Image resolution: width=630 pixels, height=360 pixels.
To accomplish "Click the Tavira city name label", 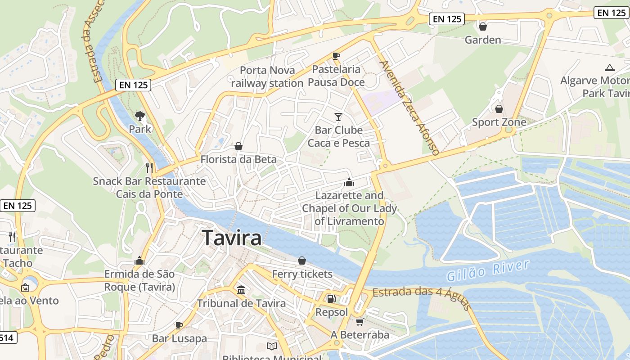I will click(232, 238).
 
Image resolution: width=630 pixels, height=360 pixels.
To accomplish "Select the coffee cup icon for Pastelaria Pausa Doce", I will click(336, 56).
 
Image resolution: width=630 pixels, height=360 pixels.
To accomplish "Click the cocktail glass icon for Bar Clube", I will click(338, 117).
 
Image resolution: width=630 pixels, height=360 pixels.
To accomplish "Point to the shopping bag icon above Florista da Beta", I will click(238, 146).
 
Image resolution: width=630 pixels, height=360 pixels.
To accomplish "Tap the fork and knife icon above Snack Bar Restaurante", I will click(149, 167).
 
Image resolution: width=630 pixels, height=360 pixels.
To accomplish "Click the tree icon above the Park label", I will click(140, 116).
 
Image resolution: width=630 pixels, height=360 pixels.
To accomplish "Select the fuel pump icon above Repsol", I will click(331, 298).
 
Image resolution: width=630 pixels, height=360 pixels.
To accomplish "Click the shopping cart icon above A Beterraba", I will click(360, 322).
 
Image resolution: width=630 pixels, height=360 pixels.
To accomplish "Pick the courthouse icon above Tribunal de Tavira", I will click(241, 290).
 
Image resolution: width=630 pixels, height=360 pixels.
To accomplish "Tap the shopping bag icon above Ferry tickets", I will click(302, 261).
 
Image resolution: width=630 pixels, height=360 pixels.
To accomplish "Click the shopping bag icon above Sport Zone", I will click(499, 109).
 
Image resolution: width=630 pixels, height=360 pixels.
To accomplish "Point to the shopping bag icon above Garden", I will click(483, 27).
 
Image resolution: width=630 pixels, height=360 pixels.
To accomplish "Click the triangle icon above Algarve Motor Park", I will click(610, 68).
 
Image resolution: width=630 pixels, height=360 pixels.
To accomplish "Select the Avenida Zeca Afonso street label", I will click(409, 108).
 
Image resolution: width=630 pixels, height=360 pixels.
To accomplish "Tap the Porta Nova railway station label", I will click(267, 76).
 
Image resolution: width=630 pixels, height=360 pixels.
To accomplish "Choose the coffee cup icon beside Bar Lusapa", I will click(179, 325).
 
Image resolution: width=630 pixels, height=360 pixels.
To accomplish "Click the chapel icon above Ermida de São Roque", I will click(139, 261).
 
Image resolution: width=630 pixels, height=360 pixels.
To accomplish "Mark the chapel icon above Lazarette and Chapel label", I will click(349, 182).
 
